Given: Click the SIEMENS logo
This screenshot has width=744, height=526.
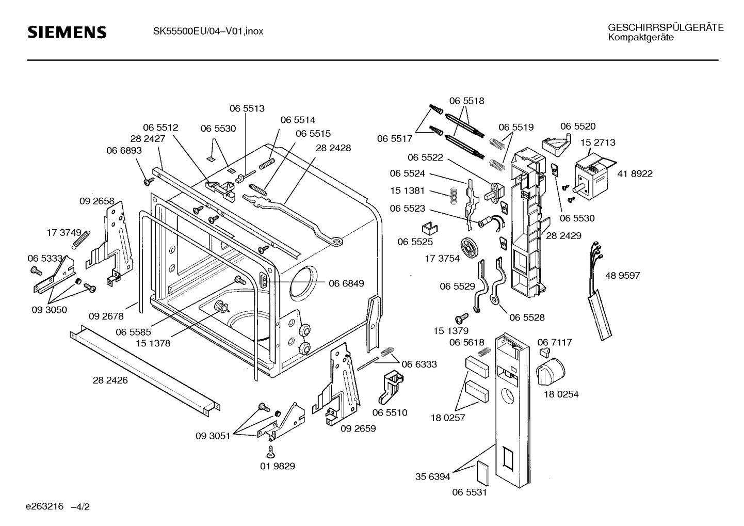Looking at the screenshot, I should [x=67, y=33].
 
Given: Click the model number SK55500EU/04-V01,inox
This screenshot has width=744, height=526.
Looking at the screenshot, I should [x=208, y=31].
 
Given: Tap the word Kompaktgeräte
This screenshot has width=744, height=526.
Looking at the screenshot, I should [x=640, y=38].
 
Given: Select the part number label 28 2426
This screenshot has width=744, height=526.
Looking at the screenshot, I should [x=110, y=381].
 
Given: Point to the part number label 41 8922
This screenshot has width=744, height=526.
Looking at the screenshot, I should [x=635, y=174].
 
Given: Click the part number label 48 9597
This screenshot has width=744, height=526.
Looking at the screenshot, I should [x=622, y=276].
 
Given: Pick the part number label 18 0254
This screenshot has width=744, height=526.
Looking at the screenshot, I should [x=561, y=394].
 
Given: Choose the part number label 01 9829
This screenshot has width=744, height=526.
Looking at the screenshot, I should [x=278, y=466].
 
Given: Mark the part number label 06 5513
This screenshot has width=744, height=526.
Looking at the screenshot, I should [x=247, y=108].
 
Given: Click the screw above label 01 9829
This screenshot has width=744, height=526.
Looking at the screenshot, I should [x=269, y=452].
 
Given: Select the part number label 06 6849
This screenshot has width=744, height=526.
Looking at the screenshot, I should [x=346, y=283].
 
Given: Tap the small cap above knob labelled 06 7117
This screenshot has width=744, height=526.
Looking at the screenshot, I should [x=543, y=351].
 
